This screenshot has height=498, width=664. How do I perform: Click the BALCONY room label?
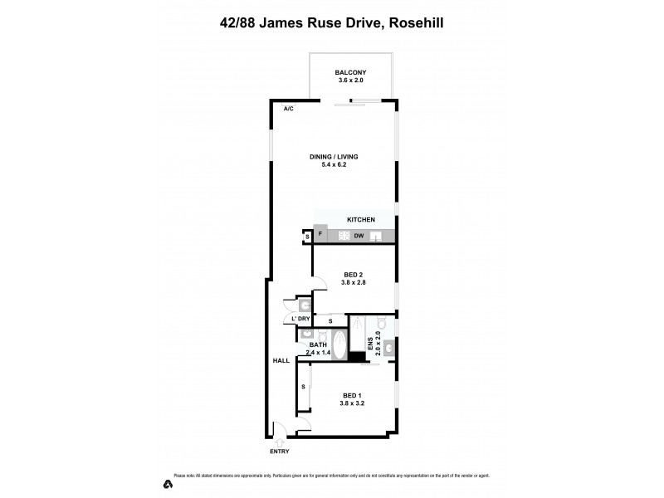pos(352,72)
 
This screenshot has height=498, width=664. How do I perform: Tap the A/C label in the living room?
pos(288,109)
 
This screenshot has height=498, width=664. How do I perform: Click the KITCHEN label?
pos(361,219)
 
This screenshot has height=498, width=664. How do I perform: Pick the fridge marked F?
pos(320,235)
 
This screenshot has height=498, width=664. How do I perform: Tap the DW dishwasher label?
pos(359,236)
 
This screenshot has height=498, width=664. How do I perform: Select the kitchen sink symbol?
pos(377,236)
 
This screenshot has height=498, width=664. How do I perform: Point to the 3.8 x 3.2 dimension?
pos(352,403)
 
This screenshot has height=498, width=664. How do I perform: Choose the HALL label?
pos(281,360)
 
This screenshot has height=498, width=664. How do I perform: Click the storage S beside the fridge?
pos(307,237)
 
